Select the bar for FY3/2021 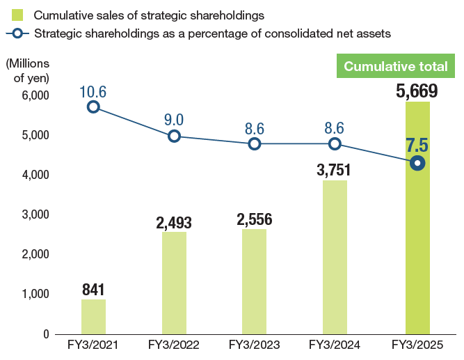93,316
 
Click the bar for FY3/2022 174,282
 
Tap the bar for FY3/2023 254,281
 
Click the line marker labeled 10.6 93,107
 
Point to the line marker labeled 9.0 174,136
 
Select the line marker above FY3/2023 255,144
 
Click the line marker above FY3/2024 335,144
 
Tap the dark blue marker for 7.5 417,163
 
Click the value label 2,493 174,223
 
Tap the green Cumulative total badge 396,67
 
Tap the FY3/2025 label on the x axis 417,345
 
